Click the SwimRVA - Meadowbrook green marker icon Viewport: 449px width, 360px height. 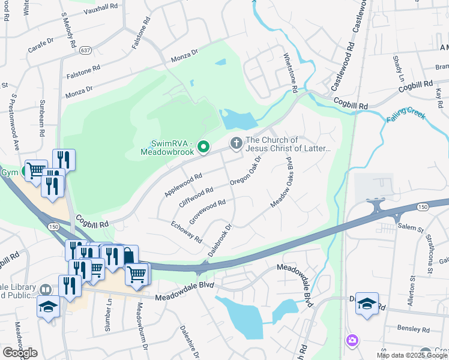click(x=203, y=146)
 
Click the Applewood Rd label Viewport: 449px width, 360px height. click(x=182, y=186)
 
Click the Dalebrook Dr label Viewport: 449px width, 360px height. click(x=220, y=240)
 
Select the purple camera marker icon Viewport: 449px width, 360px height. click(x=352, y=341)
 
